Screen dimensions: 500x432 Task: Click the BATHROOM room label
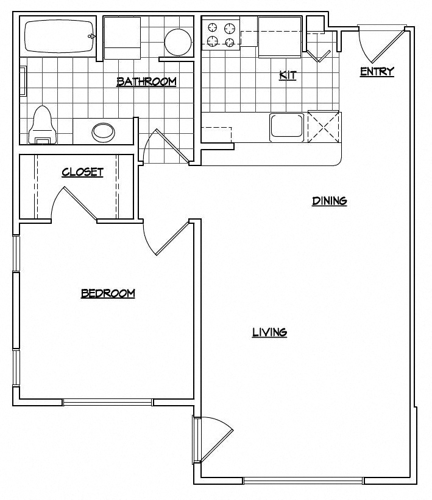pyautogui.click(x=146, y=82)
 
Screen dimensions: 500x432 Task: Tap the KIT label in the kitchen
pyautogui.click(x=288, y=75)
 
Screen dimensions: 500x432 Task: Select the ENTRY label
pyautogui.click(x=377, y=72)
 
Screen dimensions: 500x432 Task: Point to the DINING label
pyautogui.click(x=329, y=201)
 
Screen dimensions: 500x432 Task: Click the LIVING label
pyautogui.click(x=269, y=332)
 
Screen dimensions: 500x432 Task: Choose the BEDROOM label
pyautogui.click(x=108, y=294)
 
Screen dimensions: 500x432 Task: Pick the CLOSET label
pyautogui.click(x=82, y=172)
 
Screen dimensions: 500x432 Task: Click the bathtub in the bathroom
pyautogui.click(x=59, y=36)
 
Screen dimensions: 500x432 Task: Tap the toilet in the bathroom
pyautogui.click(x=42, y=125)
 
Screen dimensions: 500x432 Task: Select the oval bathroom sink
pyautogui.click(x=103, y=131)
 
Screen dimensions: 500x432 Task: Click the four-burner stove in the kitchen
pyautogui.click(x=221, y=35)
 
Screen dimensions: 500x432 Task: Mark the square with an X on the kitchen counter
pyautogui.click(x=324, y=126)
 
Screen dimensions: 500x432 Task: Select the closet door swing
pyautogui.click(x=76, y=204)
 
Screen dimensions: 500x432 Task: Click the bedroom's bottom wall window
pyautogui.click(x=108, y=402)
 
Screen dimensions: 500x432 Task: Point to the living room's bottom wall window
pyautogui.click(x=303, y=481)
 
